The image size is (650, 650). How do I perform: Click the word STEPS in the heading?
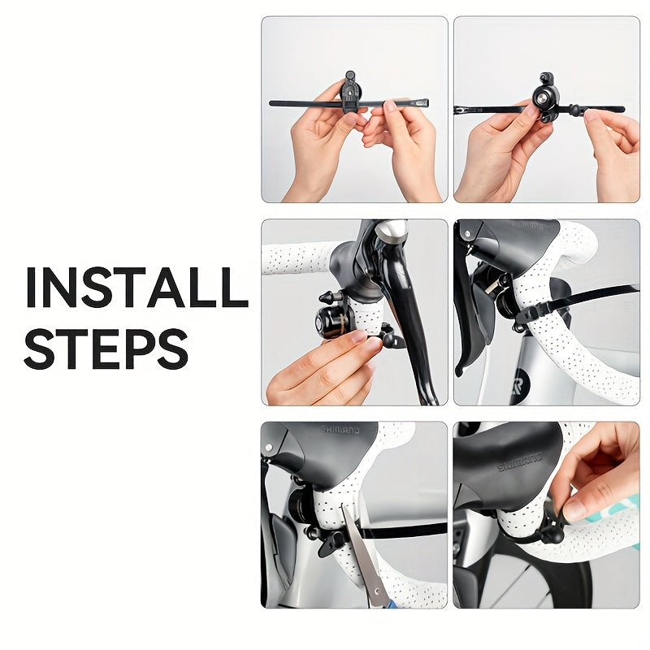click(106, 347)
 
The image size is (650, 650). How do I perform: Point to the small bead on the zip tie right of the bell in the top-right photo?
click(575, 108)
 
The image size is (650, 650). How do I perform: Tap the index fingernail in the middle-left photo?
click(359, 335)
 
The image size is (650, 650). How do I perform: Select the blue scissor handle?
click(390, 604)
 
